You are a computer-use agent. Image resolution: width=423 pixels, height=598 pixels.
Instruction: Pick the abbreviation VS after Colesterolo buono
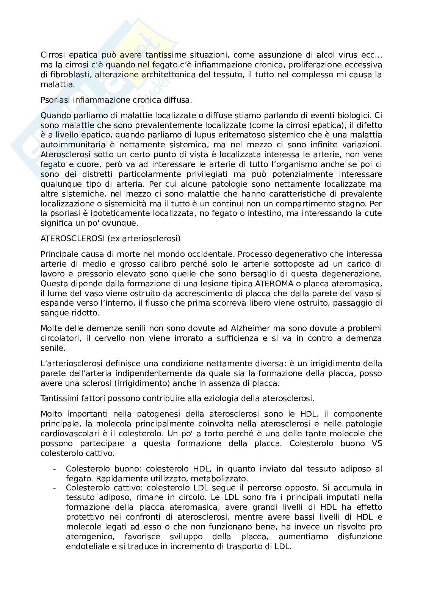(376, 443)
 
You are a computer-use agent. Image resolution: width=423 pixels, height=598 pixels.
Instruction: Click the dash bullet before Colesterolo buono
(55, 469)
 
